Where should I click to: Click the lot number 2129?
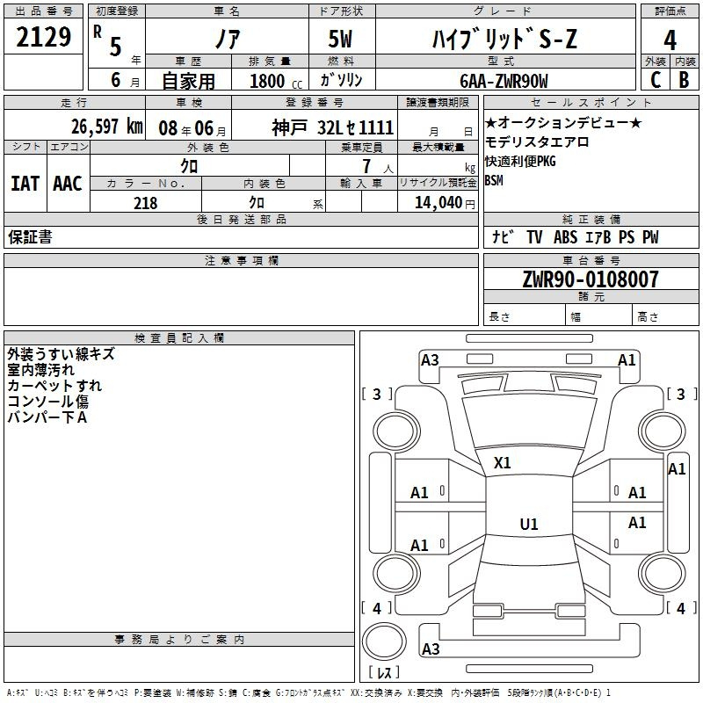tap(43, 37)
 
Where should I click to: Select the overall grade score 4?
tap(670, 40)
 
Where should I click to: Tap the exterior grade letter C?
tap(656, 80)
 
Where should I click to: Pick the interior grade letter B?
tap(684, 80)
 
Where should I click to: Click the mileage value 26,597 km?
tap(107, 127)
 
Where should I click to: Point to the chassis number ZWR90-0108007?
tap(591, 279)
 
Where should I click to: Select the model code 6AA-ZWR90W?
tap(504, 81)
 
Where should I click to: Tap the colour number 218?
tap(145, 203)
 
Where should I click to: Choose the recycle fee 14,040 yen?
tap(445, 203)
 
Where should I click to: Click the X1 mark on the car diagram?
tap(502, 463)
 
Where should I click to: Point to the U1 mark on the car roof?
tap(529, 524)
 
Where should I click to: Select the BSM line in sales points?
tap(494, 180)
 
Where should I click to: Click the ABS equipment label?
tap(565, 236)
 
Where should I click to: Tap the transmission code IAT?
tap(25, 184)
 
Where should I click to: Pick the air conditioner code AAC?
tap(68, 184)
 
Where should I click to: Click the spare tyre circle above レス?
tap(384, 641)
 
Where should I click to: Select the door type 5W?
tap(340, 39)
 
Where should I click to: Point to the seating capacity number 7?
tap(366, 166)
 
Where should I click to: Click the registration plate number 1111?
tap(376, 127)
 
